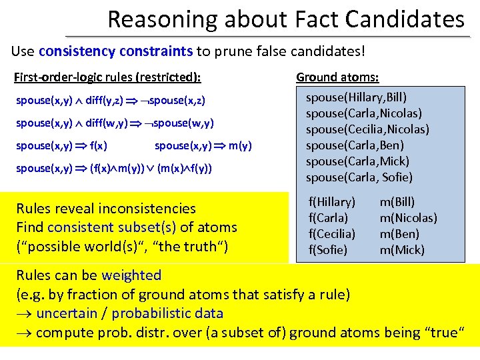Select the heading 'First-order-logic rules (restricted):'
click(107, 77)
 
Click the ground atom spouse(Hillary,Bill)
click(356, 97)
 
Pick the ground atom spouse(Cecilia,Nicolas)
click(367, 129)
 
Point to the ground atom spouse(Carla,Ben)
click(355, 145)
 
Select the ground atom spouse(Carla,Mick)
click(357, 161)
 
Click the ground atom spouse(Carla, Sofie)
click(359, 177)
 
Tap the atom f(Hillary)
click(331, 201)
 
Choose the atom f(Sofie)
click(327, 250)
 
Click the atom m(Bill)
click(397, 201)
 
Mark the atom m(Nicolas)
click(408, 218)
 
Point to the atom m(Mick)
click(402, 250)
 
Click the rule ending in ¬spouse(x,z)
click(110, 101)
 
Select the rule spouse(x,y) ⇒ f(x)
click(62, 145)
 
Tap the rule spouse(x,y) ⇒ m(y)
click(203, 145)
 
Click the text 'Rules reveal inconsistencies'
click(106, 209)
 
